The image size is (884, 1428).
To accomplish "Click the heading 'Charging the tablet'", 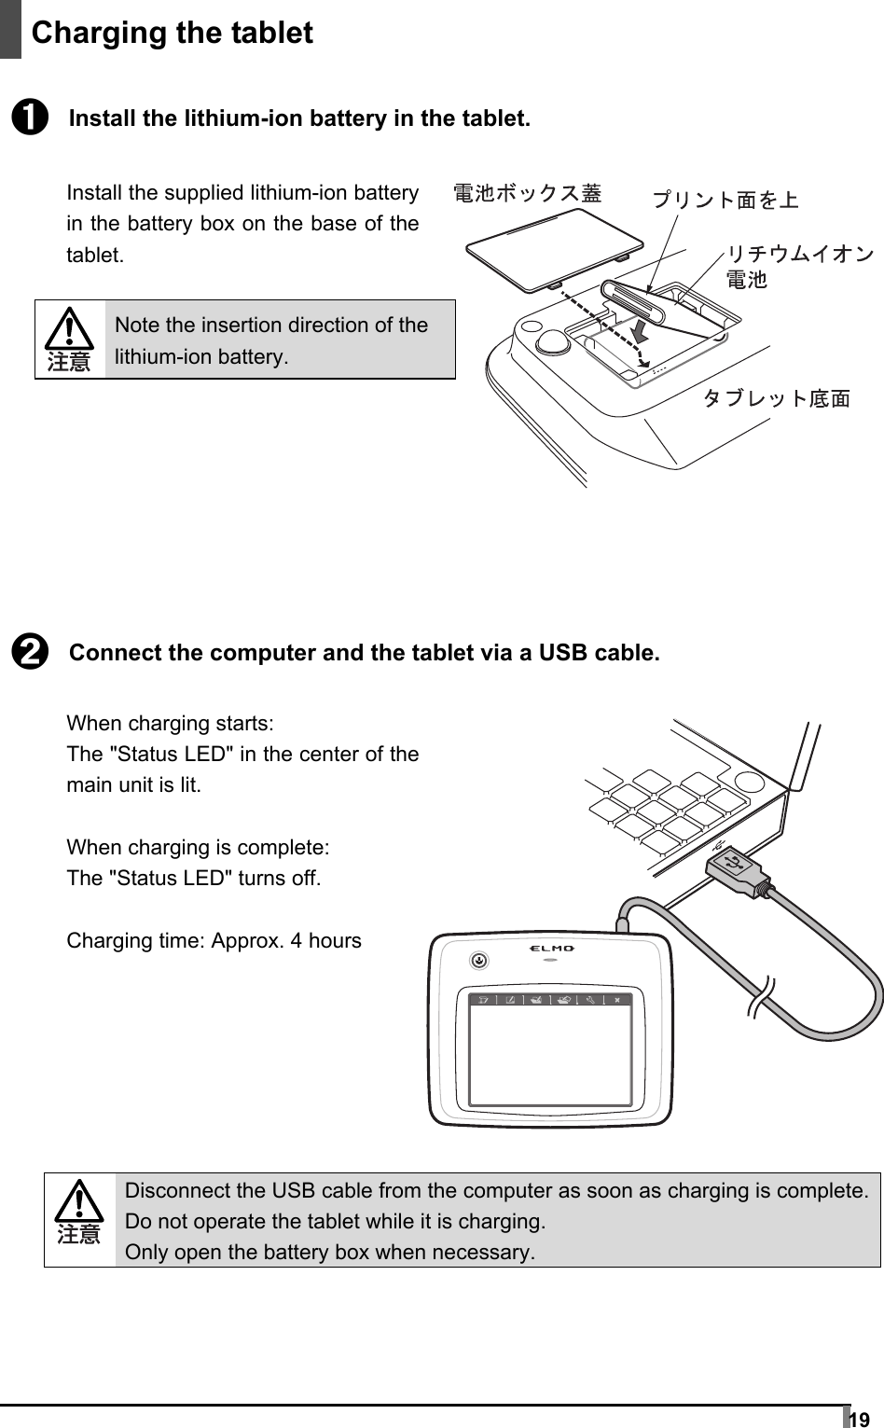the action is [x=172, y=33].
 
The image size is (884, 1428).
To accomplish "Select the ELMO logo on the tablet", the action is [x=552, y=949].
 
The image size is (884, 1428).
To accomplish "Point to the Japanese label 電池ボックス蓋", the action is [x=527, y=193].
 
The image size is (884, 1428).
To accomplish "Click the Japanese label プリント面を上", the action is [x=725, y=199].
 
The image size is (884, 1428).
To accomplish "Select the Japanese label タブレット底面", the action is [x=776, y=399].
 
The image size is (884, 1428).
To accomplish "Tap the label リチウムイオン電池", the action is [x=799, y=266].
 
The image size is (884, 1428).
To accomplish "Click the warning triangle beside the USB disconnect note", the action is [x=79, y=1204].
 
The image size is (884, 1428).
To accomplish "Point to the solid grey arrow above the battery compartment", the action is [x=640, y=330].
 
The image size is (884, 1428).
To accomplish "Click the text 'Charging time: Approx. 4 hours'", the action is [x=214, y=940].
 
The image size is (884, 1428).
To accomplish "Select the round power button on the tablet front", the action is [x=478, y=958].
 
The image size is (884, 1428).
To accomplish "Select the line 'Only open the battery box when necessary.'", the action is [x=330, y=1252].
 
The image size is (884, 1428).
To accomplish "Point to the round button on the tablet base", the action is [x=553, y=340].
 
